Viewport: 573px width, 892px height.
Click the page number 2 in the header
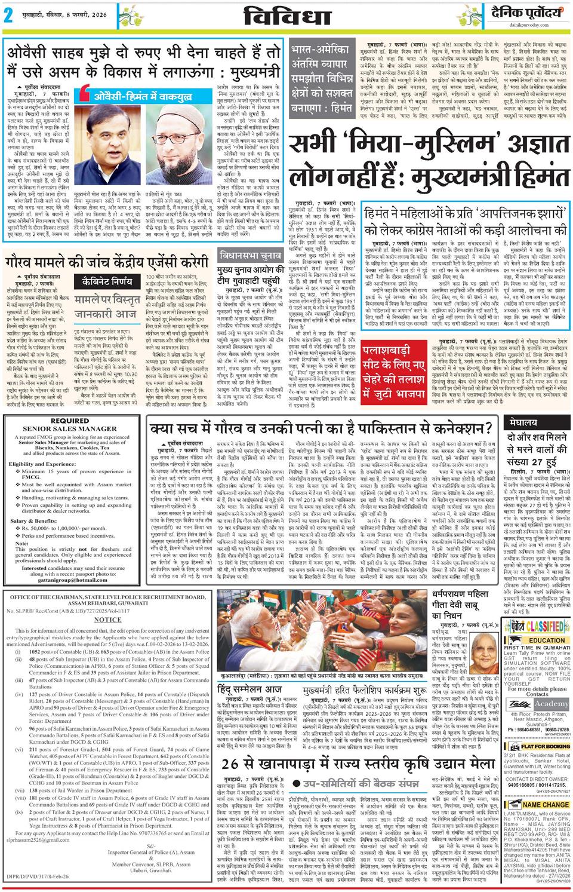[x=9, y=16]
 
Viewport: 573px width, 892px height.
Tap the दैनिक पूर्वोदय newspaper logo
[x=526, y=13]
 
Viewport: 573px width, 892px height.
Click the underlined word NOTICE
[x=107, y=620]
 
